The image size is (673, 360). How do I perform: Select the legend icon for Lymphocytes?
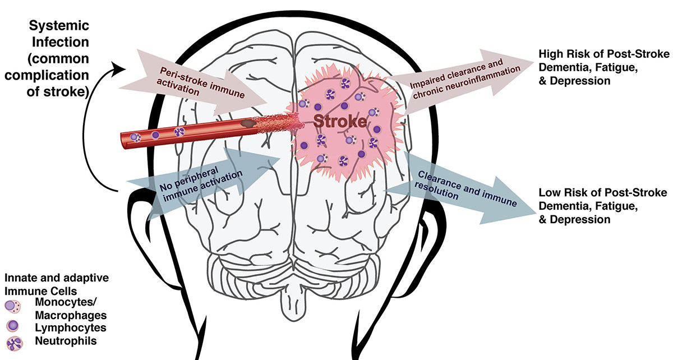[12, 326]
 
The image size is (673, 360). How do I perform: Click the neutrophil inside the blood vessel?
[179, 132]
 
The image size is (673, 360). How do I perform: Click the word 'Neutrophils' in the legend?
[53, 340]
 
